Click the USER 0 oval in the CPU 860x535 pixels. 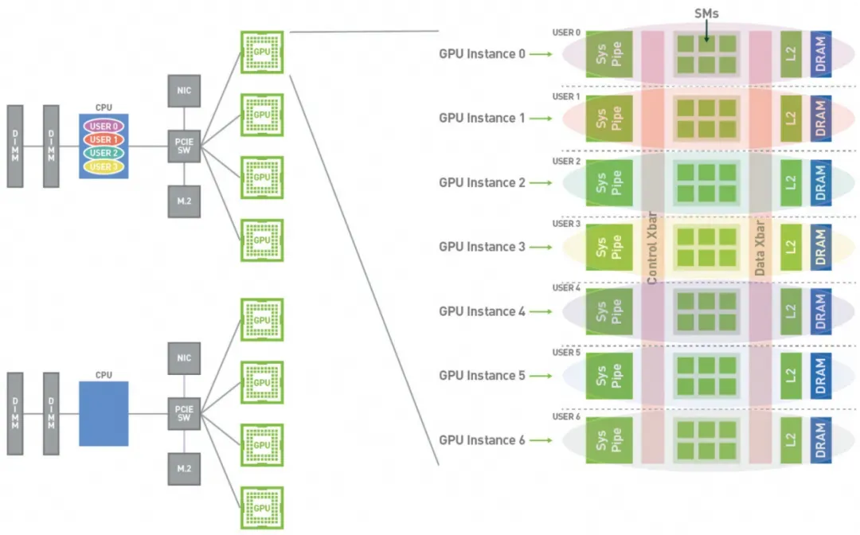104,127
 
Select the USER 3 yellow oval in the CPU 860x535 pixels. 104,166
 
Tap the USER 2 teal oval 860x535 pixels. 104,153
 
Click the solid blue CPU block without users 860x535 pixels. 104,413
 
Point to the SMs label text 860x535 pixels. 706,13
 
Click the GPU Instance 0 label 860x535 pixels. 482,54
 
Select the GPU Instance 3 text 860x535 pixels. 482,247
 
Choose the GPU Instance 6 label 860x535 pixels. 482,440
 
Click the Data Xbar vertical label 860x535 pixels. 760,248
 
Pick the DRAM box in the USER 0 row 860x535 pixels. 821,55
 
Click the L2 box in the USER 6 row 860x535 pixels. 790,440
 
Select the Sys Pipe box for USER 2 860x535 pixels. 609,183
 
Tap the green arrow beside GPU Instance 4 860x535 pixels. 540,311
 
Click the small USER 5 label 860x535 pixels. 566,353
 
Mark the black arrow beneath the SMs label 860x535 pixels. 706,31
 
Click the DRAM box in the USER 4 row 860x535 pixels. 821,311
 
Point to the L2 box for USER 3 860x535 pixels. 790,248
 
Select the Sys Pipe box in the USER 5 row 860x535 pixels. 609,376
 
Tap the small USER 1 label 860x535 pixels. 566,96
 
